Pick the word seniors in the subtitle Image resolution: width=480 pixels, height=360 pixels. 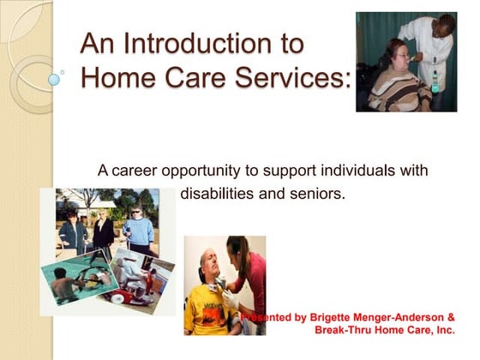click(x=315, y=194)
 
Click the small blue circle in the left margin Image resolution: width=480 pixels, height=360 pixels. click(x=55, y=79)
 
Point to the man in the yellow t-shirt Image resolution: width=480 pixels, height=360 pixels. click(x=207, y=300)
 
